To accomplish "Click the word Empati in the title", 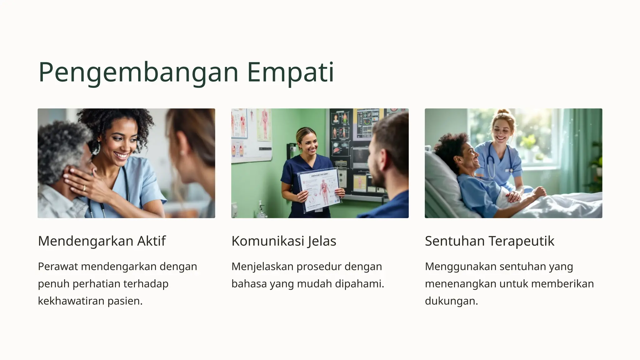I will tap(290, 72).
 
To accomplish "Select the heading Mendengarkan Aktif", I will tap(102, 241).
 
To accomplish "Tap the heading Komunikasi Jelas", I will tap(284, 241).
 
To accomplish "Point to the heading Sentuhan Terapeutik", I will tap(489, 241).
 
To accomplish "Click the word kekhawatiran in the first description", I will tap(71, 301).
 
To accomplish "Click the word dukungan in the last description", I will tap(451, 301).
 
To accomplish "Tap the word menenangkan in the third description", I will tap(458, 284).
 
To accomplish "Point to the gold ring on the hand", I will tap(84, 187).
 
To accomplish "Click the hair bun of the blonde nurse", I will tap(503, 112).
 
